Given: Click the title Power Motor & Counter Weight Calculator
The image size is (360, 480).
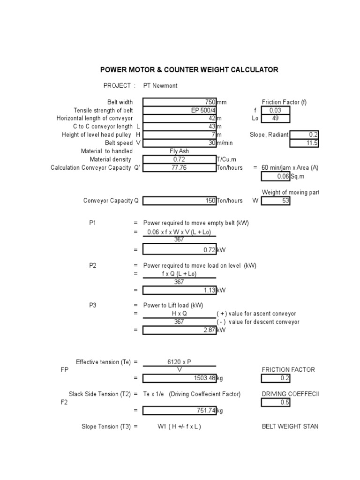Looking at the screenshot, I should (189, 70).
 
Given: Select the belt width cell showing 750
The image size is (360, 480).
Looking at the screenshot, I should (180, 102).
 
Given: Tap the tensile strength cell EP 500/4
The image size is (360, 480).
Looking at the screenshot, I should (180, 110).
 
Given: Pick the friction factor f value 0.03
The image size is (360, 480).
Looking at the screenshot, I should (276, 110).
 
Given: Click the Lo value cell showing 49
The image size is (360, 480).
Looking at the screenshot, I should (276, 118).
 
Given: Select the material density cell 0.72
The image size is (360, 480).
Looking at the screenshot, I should (180, 159).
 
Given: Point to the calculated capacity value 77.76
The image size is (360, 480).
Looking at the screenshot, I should (180, 167).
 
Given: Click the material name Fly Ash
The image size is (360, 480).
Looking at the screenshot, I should (179, 151).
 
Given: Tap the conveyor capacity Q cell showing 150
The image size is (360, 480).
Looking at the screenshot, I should (180, 201).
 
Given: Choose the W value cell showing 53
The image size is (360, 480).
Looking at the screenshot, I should (276, 201).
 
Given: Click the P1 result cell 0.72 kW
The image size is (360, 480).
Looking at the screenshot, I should (180, 250).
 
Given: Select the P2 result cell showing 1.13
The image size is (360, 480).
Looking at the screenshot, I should (180, 290).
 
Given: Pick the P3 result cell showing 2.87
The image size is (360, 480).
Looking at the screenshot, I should (180, 330).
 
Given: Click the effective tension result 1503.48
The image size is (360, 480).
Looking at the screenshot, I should (180, 378).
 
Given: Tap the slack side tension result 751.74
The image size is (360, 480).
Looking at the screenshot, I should (180, 411).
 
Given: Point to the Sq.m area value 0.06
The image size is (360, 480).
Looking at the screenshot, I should (276, 176).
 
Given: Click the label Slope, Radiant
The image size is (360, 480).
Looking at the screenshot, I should (269, 135).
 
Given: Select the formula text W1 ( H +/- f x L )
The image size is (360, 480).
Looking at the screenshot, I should (179, 427).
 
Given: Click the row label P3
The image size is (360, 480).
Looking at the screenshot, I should (93, 305).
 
